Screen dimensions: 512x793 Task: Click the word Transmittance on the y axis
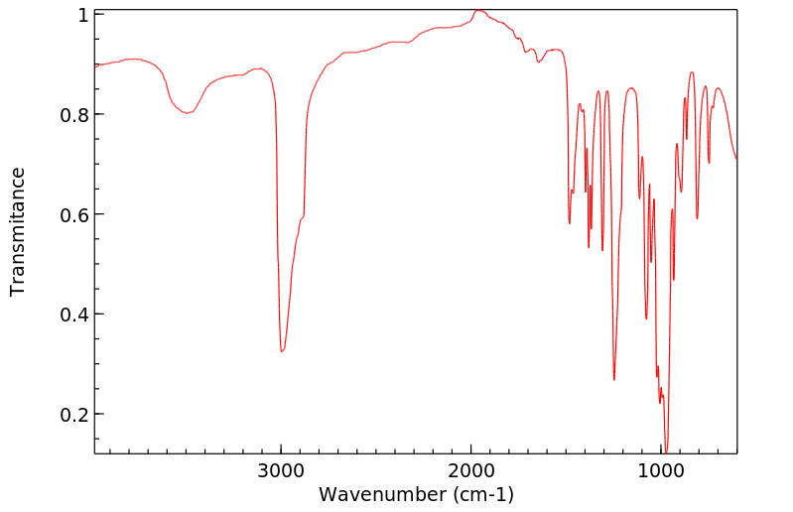(x=17, y=231)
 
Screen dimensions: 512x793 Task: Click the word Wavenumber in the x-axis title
(x=382, y=493)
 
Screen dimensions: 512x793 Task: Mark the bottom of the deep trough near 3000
(x=282, y=351)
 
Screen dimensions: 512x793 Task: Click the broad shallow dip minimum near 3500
(x=187, y=113)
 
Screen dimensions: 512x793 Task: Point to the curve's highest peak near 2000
(x=478, y=10)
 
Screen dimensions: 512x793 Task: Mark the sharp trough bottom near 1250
(x=614, y=380)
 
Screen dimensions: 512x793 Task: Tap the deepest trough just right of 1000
(x=666, y=451)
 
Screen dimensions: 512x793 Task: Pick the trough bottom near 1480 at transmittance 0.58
(x=569, y=223)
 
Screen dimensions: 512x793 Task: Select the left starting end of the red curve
(x=95, y=64)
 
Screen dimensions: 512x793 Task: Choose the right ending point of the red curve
(x=736, y=160)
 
